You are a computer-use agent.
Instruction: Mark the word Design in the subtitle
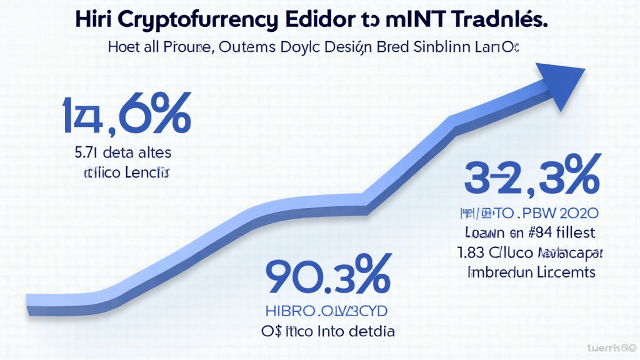347,47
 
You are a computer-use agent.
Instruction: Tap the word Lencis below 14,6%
147,172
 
